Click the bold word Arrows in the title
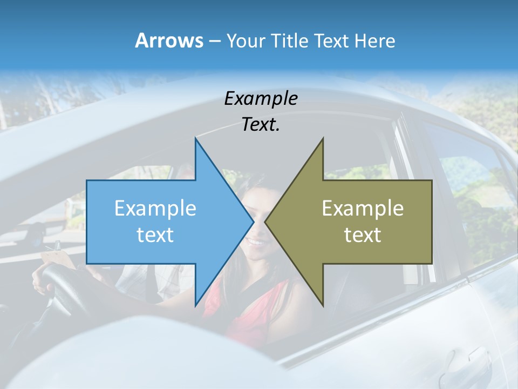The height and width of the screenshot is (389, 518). pyautogui.click(x=169, y=41)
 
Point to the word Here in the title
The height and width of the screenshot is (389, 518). pyautogui.click(x=374, y=41)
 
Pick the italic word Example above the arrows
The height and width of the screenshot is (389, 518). pyautogui.click(x=261, y=99)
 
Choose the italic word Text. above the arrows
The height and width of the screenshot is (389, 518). pyautogui.click(x=261, y=125)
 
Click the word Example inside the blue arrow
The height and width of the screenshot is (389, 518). pyautogui.click(x=155, y=209)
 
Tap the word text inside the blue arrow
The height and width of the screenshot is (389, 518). pyautogui.click(x=155, y=235)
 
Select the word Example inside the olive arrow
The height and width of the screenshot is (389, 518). pyautogui.click(x=363, y=209)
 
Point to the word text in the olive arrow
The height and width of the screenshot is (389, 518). pyautogui.click(x=363, y=235)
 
